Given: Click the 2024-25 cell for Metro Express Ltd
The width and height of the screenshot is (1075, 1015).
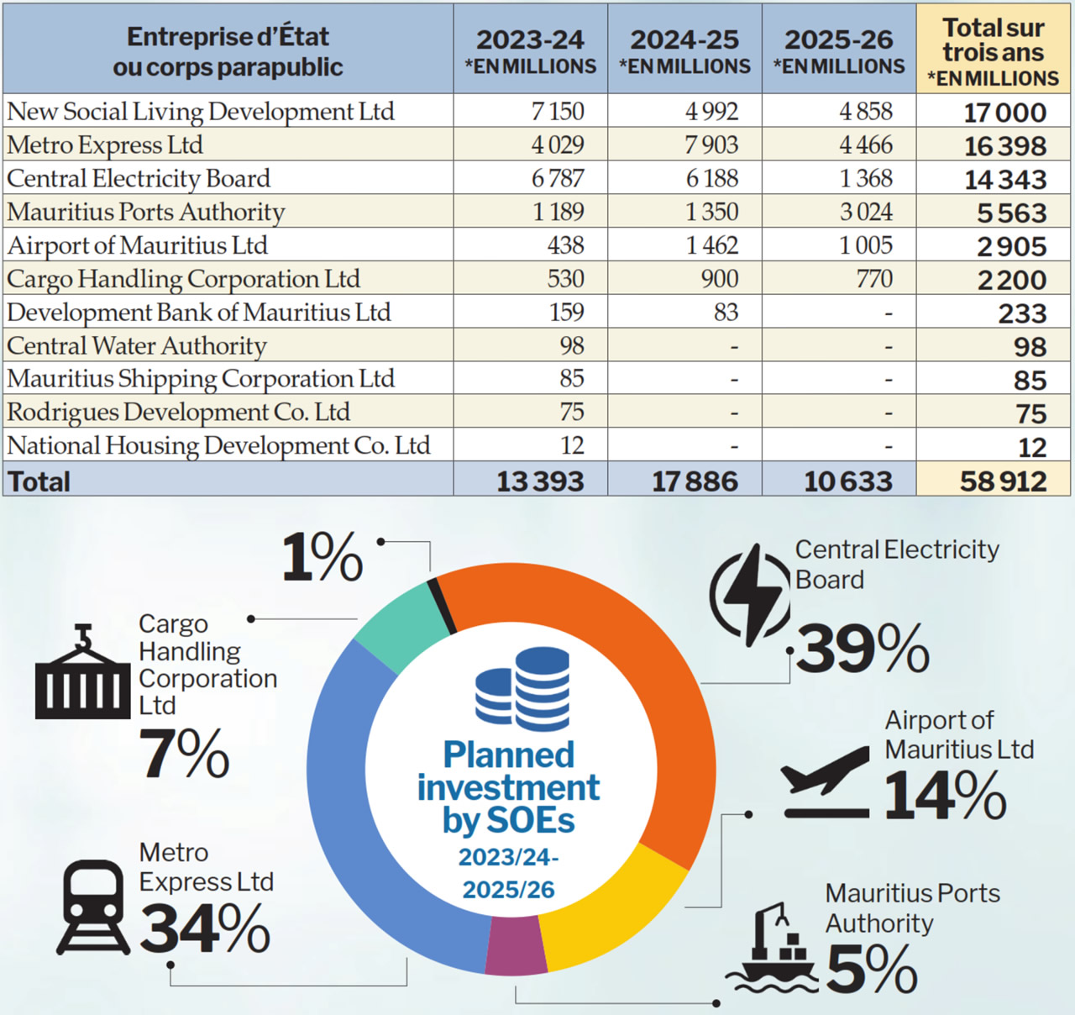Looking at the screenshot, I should [711, 145].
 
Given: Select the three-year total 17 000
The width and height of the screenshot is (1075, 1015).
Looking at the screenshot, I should [1004, 113].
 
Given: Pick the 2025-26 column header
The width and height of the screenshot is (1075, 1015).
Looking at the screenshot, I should [839, 50].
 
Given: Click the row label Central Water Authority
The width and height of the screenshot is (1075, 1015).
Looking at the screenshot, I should [137, 345].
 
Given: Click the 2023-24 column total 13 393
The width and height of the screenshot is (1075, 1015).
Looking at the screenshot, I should [539, 481].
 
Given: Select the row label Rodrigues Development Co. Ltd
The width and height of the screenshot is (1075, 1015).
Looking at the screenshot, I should [178, 412].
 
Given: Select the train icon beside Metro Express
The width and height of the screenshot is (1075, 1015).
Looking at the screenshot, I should [93, 908].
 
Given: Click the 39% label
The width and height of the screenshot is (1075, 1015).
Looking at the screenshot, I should [863, 649].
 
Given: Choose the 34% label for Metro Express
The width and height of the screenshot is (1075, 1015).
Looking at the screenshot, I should [204, 928].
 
